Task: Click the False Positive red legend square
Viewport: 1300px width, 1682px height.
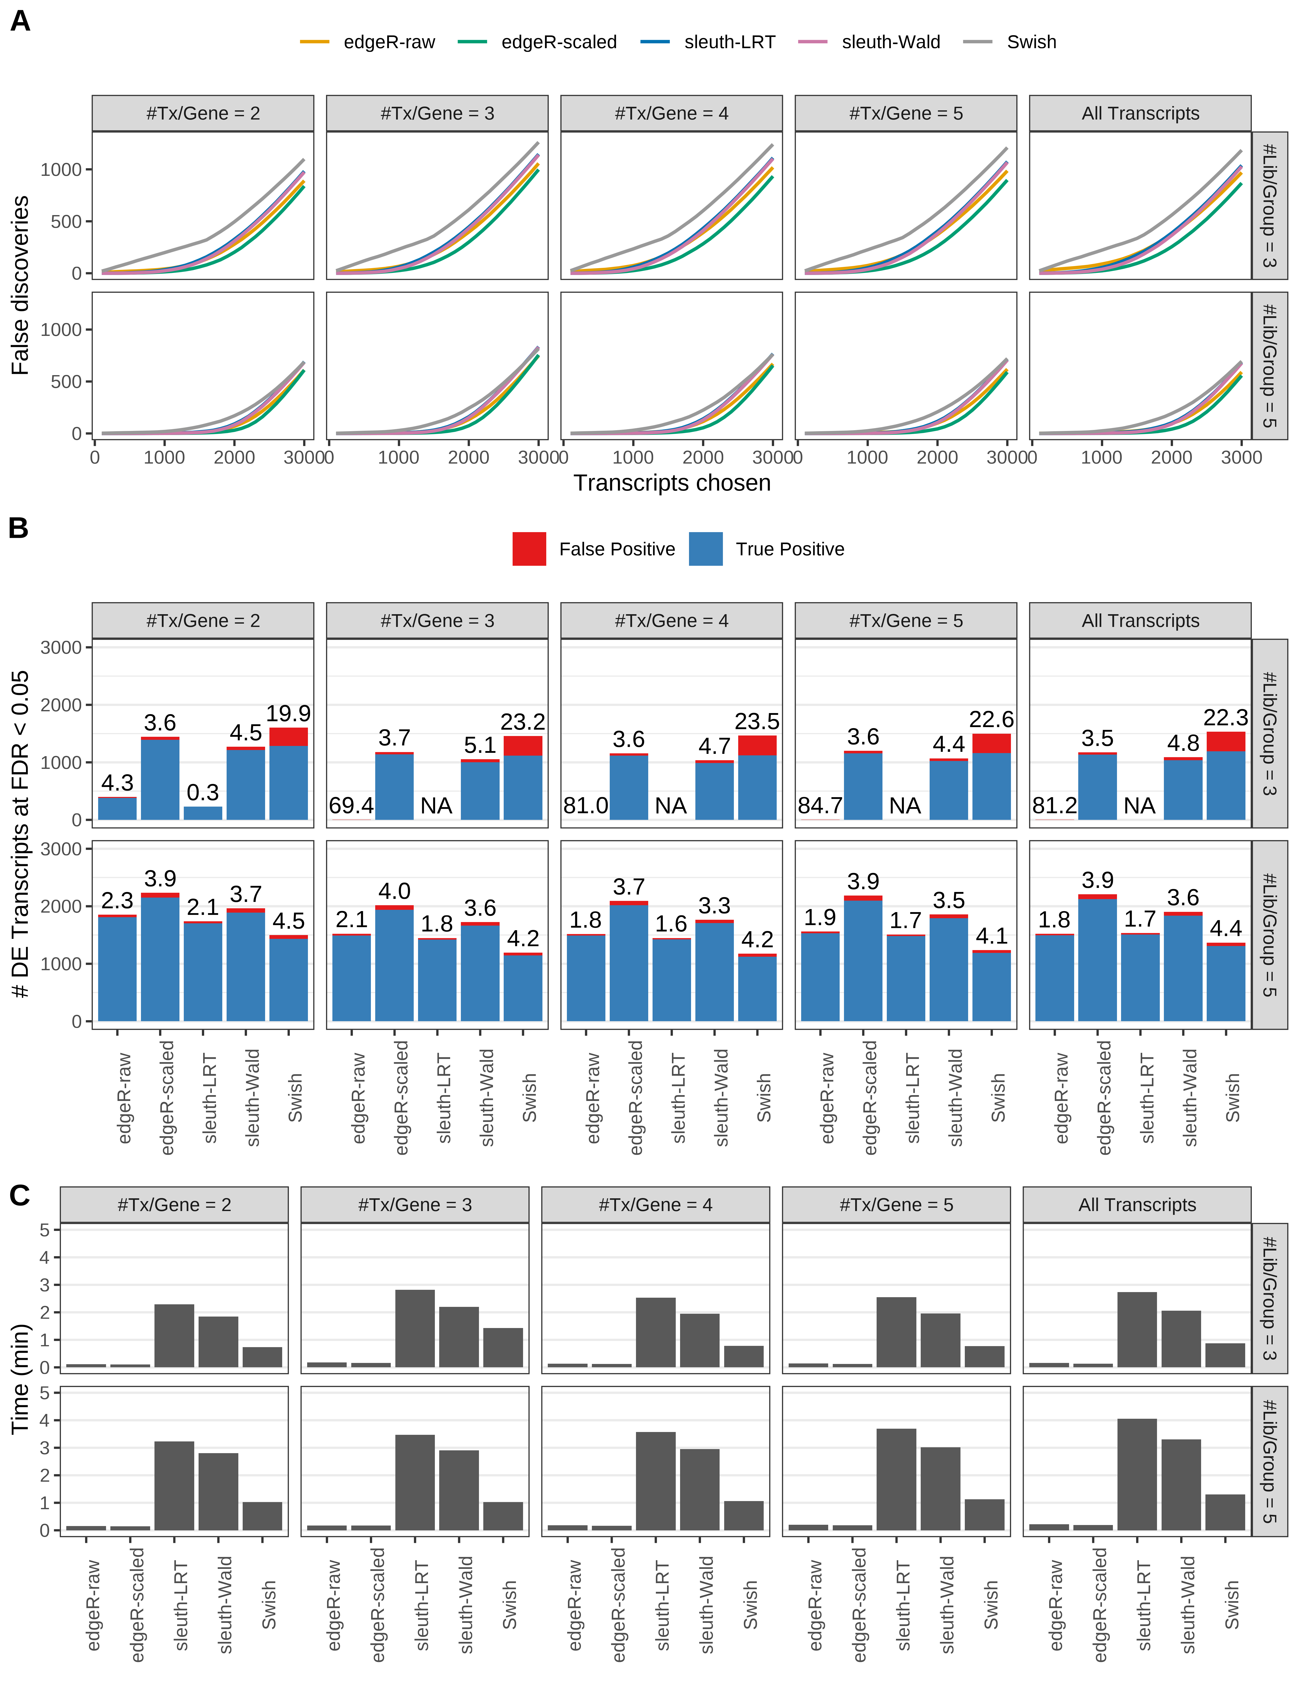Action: pyautogui.click(x=529, y=549)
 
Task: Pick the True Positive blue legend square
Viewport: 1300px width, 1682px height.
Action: pyautogui.click(x=706, y=549)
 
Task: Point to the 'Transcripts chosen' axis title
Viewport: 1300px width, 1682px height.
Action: pyautogui.click(x=672, y=483)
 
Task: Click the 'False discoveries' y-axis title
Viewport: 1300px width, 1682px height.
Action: pyautogui.click(x=21, y=285)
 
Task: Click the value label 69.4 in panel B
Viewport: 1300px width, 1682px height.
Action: pyautogui.click(x=351, y=806)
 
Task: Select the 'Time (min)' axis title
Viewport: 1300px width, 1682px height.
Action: pyautogui.click(x=21, y=1378)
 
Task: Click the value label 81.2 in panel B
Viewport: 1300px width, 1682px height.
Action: pyautogui.click(x=1054, y=806)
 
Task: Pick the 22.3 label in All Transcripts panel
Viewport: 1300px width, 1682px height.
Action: pyautogui.click(x=1225, y=718)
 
